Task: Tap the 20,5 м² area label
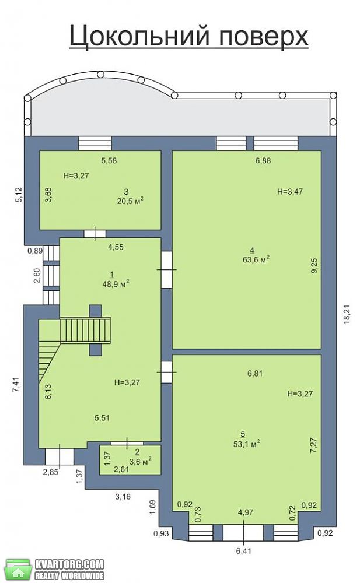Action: click(x=130, y=201)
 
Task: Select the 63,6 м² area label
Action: click(x=256, y=259)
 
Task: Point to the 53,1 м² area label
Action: click(x=246, y=444)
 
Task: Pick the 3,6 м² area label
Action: click(x=139, y=461)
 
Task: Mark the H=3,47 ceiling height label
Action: click(x=290, y=192)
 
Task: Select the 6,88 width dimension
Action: click(x=263, y=161)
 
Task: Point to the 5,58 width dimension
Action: click(x=110, y=161)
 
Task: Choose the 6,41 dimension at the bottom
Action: click(x=243, y=551)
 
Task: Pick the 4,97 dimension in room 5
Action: click(x=246, y=512)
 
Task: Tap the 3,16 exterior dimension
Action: click(x=123, y=496)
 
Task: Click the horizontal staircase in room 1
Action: click(x=85, y=330)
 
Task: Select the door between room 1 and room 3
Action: click(x=95, y=234)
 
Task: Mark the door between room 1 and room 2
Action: click(x=127, y=443)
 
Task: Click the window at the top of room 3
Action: click(x=95, y=143)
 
